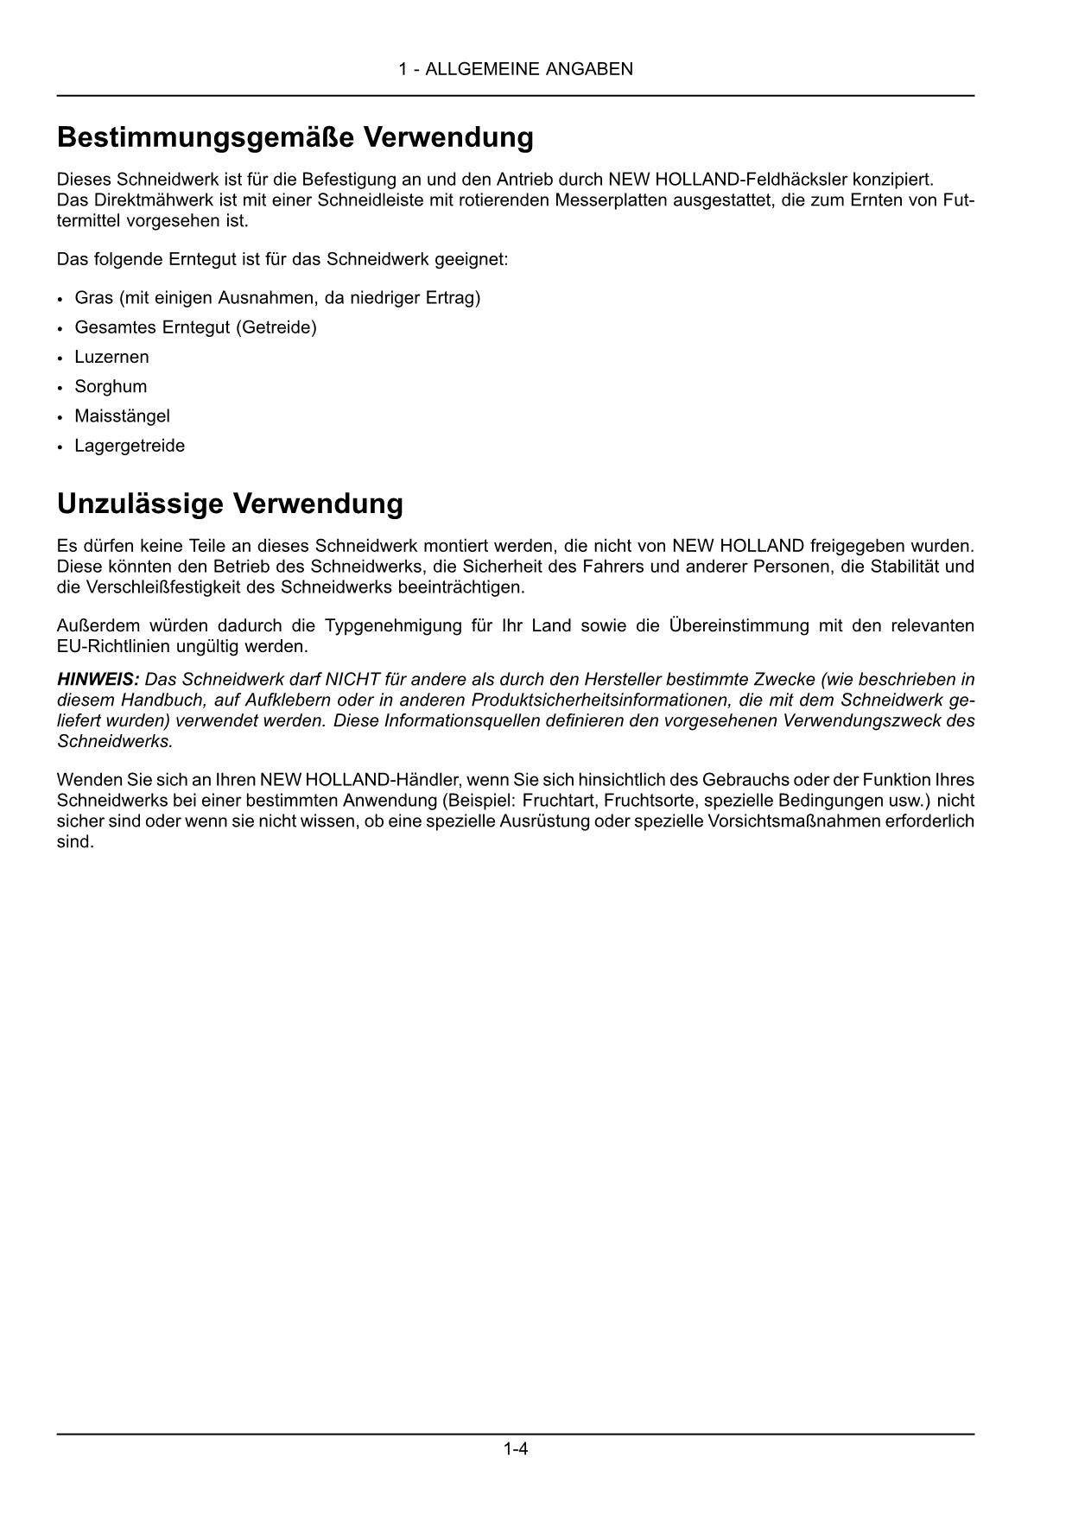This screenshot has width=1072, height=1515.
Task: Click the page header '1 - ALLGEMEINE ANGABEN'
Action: [516, 69]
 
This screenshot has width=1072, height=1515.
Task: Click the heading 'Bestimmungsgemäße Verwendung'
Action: [295, 136]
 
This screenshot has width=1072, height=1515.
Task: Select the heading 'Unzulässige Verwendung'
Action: [230, 503]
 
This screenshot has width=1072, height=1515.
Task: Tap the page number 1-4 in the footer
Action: [516, 1448]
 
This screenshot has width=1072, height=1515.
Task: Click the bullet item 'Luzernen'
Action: [111, 357]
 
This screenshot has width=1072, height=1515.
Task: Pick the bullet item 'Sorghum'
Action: [111, 386]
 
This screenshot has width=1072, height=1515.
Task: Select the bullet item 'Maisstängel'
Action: [122, 415]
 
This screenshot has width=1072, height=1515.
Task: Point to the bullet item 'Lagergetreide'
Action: [130, 446]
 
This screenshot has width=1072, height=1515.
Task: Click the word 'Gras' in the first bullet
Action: [93, 298]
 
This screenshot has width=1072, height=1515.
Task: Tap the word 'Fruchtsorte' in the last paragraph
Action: [656, 800]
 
